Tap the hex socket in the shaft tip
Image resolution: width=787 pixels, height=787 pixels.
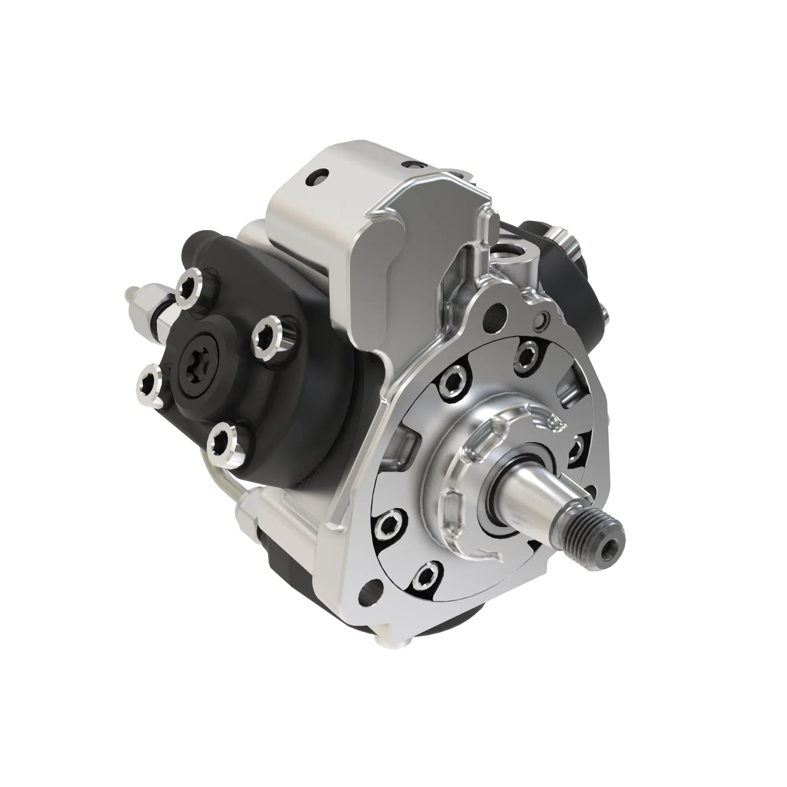[610, 549]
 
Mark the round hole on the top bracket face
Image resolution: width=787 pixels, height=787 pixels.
[317, 178]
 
